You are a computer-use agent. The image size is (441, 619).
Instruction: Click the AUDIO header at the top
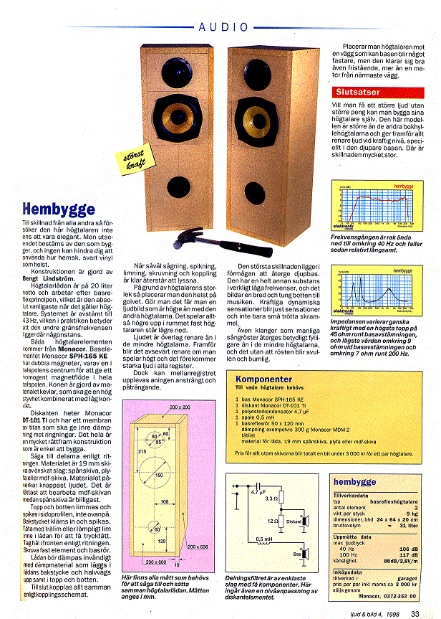224,27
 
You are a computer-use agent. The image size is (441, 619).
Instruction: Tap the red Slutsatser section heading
358,92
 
